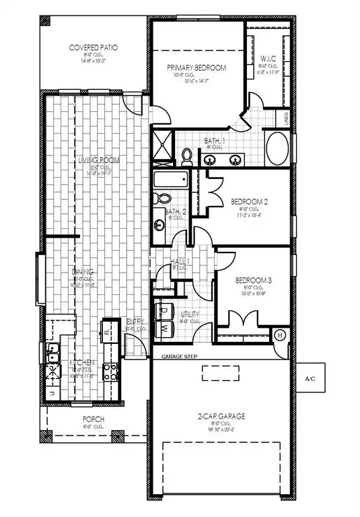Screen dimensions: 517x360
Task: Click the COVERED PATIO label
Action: [94, 48]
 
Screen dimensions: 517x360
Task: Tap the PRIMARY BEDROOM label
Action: [196, 67]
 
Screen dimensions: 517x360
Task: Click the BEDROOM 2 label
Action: [250, 201]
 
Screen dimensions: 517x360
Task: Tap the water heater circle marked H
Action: [281, 335]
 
